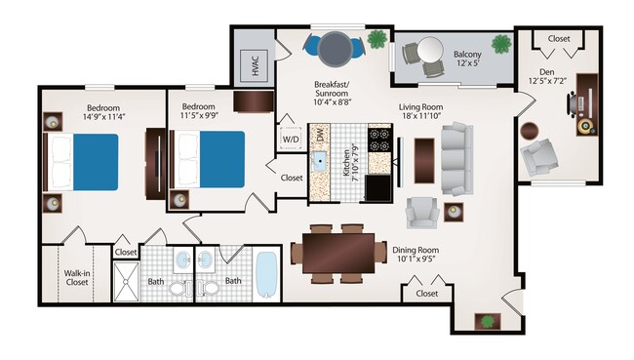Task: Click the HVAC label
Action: point(255,66)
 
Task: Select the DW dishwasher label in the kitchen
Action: point(321,137)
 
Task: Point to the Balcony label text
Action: point(472,54)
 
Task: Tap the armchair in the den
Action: point(536,157)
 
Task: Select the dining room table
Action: point(337,252)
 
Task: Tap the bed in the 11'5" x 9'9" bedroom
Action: point(209,158)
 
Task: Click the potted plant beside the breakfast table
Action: point(376,41)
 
